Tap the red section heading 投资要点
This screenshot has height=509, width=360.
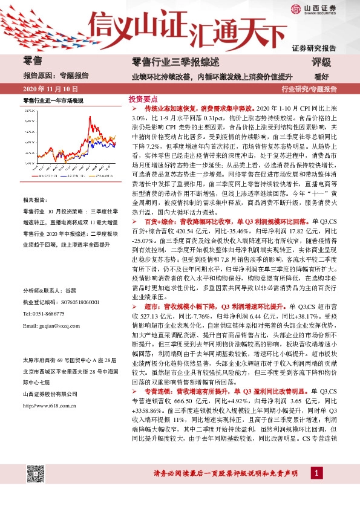[143, 99]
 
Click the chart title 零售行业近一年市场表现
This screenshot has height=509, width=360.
[52, 100]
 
